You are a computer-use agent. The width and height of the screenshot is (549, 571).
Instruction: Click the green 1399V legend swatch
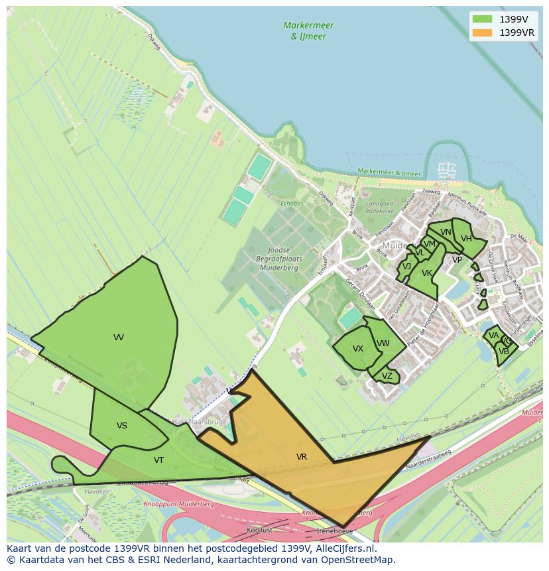(482, 19)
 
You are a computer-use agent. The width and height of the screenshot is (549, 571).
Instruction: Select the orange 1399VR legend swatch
(482, 32)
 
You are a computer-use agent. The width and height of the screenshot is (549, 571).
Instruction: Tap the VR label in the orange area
(302, 457)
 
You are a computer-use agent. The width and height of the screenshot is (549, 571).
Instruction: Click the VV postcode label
(119, 338)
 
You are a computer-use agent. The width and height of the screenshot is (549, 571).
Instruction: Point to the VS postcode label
(122, 426)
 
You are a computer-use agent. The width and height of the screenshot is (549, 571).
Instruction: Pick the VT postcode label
(159, 460)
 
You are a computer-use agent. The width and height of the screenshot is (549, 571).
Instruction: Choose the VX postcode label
(358, 349)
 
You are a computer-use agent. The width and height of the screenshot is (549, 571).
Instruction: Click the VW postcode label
(383, 344)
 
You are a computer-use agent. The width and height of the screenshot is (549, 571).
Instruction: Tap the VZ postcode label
(387, 376)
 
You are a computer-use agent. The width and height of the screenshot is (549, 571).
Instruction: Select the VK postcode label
(427, 273)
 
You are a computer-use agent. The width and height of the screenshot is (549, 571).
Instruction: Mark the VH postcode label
(466, 239)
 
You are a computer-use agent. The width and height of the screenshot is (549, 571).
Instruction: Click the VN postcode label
(446, 232)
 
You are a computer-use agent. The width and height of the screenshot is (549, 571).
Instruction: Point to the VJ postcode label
(407, 267)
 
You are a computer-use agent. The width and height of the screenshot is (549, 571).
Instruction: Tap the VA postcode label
(493, 336)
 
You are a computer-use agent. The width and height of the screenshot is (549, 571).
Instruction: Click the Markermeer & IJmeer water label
(308, 31)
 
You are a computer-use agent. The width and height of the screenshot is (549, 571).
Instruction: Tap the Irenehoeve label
(335, 531)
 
